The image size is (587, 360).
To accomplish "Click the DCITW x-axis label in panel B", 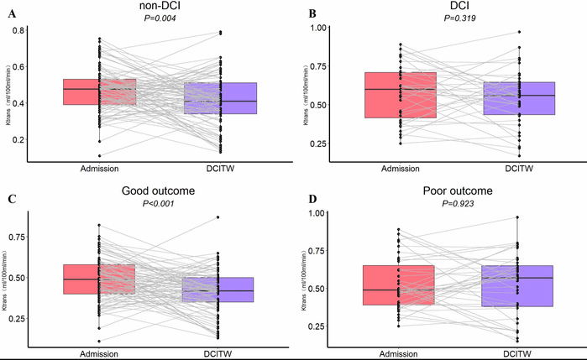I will click(x=519, y=169).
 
